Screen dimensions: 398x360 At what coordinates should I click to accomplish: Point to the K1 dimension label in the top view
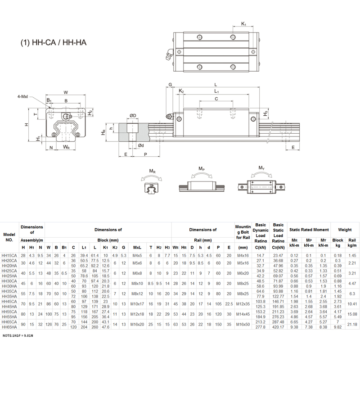click(x=243, y=23)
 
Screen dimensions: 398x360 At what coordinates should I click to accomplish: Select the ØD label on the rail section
click(x=133, y=116)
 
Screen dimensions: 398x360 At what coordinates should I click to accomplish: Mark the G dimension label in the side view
click(x=170, y=85)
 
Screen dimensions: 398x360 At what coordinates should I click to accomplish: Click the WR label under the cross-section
click(x=66, y=147)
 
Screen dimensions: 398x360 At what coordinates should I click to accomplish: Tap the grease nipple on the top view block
click(x=169, y=55)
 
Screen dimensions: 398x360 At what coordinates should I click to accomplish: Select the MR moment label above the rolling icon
click(x=153, y=171)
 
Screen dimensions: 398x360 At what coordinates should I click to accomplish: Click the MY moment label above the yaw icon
click(x=261, y=168)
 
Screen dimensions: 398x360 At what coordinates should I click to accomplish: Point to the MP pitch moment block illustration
click(x=201, y=186)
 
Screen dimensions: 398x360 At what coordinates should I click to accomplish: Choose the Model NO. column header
click(x=9, y=237)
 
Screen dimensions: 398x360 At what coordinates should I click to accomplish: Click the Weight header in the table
click(x=345, y=230)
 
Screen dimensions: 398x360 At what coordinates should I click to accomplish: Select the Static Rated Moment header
click(x=309, y=230)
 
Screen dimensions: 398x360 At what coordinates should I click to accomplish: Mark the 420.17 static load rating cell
click(x=278, y=327)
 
